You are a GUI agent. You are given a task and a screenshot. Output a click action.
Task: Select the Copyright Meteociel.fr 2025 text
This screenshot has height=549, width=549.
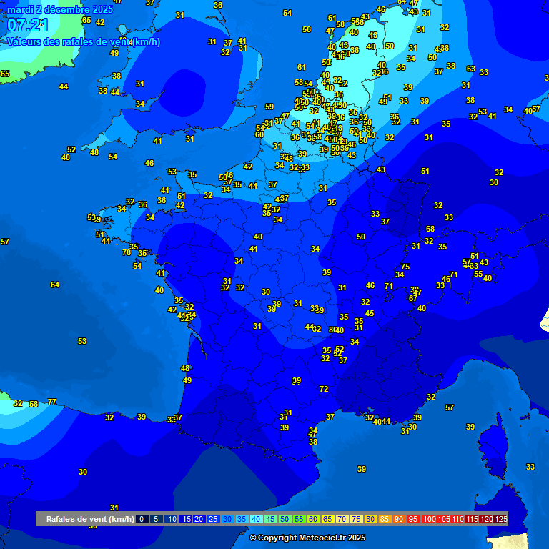307,538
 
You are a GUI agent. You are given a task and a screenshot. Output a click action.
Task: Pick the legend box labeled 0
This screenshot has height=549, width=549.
142,519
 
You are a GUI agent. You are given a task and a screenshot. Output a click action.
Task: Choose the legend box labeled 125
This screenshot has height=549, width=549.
500,519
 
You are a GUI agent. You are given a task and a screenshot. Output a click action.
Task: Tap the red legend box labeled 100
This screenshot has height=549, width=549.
429,519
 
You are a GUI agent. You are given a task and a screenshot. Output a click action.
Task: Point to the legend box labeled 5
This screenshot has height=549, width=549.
156,519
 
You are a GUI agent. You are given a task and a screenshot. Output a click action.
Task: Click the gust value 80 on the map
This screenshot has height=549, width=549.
332,330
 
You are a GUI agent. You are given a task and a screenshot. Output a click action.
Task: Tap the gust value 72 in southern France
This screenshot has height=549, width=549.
324,389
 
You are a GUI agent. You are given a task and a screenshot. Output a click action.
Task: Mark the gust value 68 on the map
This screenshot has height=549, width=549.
430,229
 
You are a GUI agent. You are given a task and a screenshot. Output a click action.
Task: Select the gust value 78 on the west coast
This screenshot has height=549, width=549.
127,252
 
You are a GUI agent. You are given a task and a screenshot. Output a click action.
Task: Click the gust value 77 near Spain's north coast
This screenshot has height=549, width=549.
52,402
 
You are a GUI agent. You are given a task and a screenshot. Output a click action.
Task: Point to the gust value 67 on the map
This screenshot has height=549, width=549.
412,298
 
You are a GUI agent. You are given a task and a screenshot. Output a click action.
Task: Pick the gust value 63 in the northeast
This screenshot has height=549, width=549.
470,69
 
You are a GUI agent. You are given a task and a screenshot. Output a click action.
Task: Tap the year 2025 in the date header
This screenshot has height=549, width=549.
102,9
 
